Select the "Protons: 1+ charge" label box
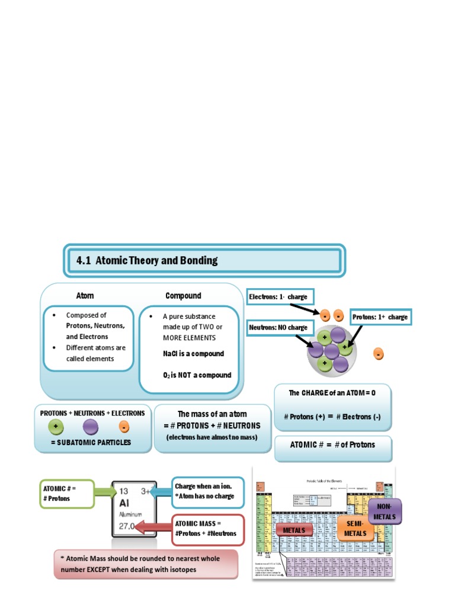click(380, 317)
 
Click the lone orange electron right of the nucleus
click(378, 354)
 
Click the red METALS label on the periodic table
click(294, 530)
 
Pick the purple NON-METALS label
click(384, 512)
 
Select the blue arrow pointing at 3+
click(159, 491)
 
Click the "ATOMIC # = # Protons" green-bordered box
click(68, 493)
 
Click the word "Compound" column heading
click(183, 296)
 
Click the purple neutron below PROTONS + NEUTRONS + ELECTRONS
click(91, 426)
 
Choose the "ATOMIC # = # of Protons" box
click(332, 445)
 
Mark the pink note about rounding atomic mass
click(145, 564)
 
